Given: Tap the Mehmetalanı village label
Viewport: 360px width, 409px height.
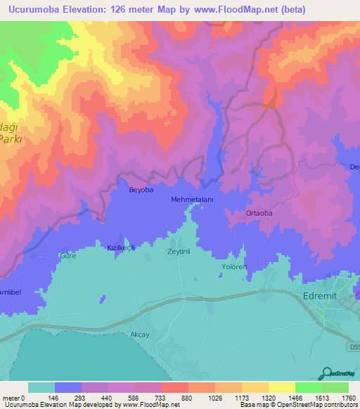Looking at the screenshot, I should pos(192,200).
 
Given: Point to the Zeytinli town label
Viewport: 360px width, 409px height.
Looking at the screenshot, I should pos(180,250).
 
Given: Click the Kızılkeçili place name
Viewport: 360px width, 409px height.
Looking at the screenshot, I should pos(120,248).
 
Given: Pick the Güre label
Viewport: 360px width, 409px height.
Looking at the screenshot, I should pos(67,256).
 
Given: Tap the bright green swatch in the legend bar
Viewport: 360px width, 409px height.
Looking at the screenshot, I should pos(308,387).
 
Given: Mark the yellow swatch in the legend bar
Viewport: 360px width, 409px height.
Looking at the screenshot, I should pos(281,387).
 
